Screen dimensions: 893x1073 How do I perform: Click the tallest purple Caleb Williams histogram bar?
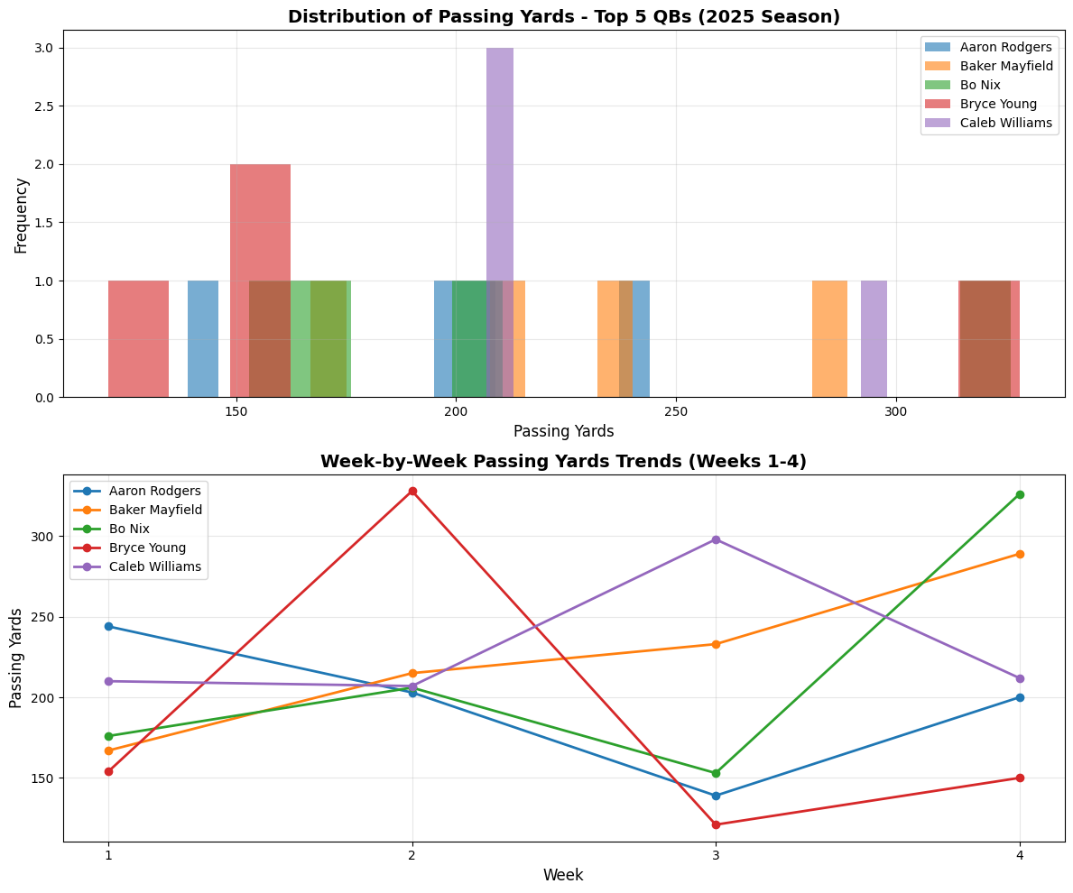[500, 222]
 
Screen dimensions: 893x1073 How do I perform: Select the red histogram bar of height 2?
[260, 280]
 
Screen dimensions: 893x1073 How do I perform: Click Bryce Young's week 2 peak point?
[412, 491]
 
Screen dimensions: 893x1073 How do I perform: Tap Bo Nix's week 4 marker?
[1020, 494]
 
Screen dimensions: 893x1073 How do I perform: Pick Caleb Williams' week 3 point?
[716, 539]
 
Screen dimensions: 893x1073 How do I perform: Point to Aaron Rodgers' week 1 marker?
[108, 626]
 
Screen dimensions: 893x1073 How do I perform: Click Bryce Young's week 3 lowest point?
[716, 824]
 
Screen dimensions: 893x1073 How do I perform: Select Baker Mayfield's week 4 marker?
[1020, 554]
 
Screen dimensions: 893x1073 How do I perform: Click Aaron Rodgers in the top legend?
[1005, 47]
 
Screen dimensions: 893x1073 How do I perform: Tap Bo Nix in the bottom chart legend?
[129, 529]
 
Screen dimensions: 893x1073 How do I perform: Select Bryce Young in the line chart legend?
[147, 548]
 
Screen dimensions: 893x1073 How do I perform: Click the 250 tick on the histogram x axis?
[675, 411]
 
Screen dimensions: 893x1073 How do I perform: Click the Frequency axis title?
[22, 214]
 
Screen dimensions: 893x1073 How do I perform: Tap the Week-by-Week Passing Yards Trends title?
[563, 461]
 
